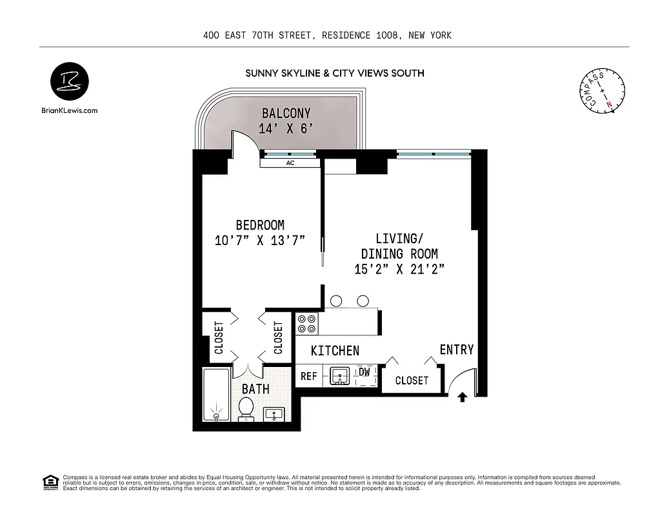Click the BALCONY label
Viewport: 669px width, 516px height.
coord(286,114)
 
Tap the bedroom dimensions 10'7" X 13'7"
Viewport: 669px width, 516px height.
coord(259,241)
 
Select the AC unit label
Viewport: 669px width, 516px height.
coord(290,163)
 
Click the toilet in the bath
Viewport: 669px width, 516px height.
coord(246,408)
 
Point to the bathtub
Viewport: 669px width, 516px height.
coord(215,394)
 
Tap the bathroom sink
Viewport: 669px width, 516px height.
coord(277,414)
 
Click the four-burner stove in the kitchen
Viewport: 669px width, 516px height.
coord(307,322)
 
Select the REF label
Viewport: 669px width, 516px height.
coord(308,375)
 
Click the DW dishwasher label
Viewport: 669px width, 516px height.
coord(364,372)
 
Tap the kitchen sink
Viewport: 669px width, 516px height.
coord(339,375)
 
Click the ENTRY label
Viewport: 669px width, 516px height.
coord(456,350)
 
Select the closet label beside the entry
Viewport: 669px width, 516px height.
coord(412,381)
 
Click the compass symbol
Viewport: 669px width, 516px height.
coord(602,91)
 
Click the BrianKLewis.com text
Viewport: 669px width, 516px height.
coord(69,110)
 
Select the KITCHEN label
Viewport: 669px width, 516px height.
coord(335,351)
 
